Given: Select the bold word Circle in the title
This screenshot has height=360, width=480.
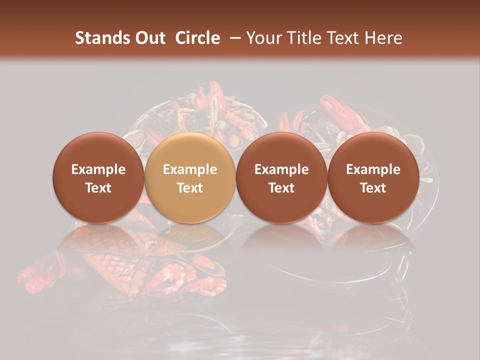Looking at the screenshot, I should [x=197, y=38].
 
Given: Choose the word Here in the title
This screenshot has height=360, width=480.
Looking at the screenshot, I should [x=383, y=38].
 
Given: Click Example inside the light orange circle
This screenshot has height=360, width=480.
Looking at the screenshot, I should [x=190, y=169].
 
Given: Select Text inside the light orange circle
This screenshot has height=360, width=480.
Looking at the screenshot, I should [x=190, y=188].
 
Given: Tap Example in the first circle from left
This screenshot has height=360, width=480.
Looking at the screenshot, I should [x=98, y=169].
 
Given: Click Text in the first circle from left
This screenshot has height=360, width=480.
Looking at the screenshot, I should [x=98, y=188].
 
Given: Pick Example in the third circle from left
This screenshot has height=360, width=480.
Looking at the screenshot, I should [x=281, y=169].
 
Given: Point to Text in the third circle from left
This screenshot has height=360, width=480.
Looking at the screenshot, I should [x=281, y=188].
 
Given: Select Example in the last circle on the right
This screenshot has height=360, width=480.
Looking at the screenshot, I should [x=373, y=169].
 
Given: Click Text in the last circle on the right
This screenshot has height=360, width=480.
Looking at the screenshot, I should [x=373, y=188].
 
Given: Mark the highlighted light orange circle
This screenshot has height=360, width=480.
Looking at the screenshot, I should [x=190, y=150].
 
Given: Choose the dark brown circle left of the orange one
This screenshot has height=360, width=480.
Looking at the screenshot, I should [x=98, y=150].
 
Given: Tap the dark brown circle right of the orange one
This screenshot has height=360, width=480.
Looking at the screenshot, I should [x=281, y=150].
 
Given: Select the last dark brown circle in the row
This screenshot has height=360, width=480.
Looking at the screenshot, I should [x=373, y=150].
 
